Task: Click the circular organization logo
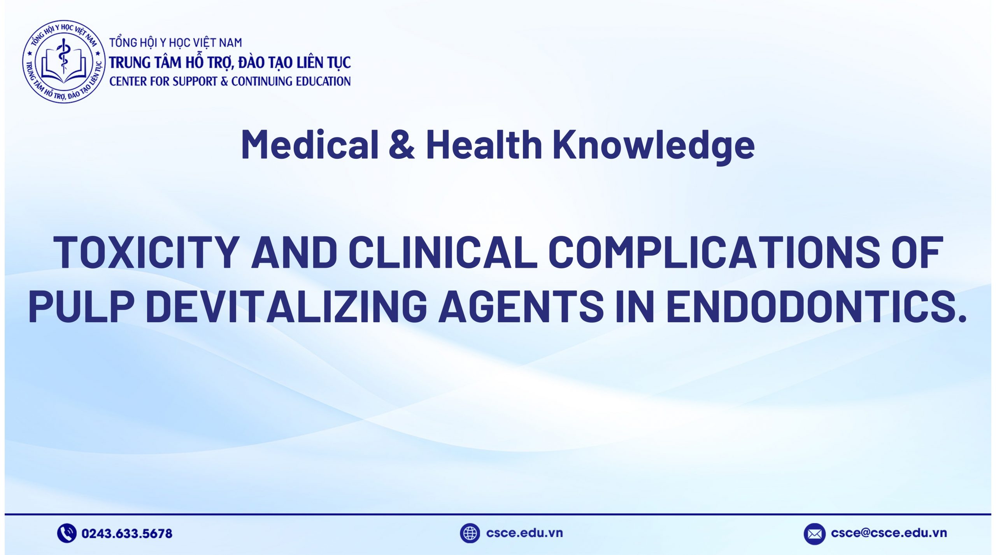click(64, 62)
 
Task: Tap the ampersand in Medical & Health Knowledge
click(402, 145)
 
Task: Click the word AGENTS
click(521, 307)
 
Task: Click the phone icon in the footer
click(67, 533)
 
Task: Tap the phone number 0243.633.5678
click(127, 533)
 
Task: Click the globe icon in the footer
click(470, 533)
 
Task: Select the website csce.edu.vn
click(524, 533)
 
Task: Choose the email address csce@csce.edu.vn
click(889, 533)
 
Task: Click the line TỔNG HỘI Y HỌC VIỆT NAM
click(175, 42)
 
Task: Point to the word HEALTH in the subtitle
click(484, 145)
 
